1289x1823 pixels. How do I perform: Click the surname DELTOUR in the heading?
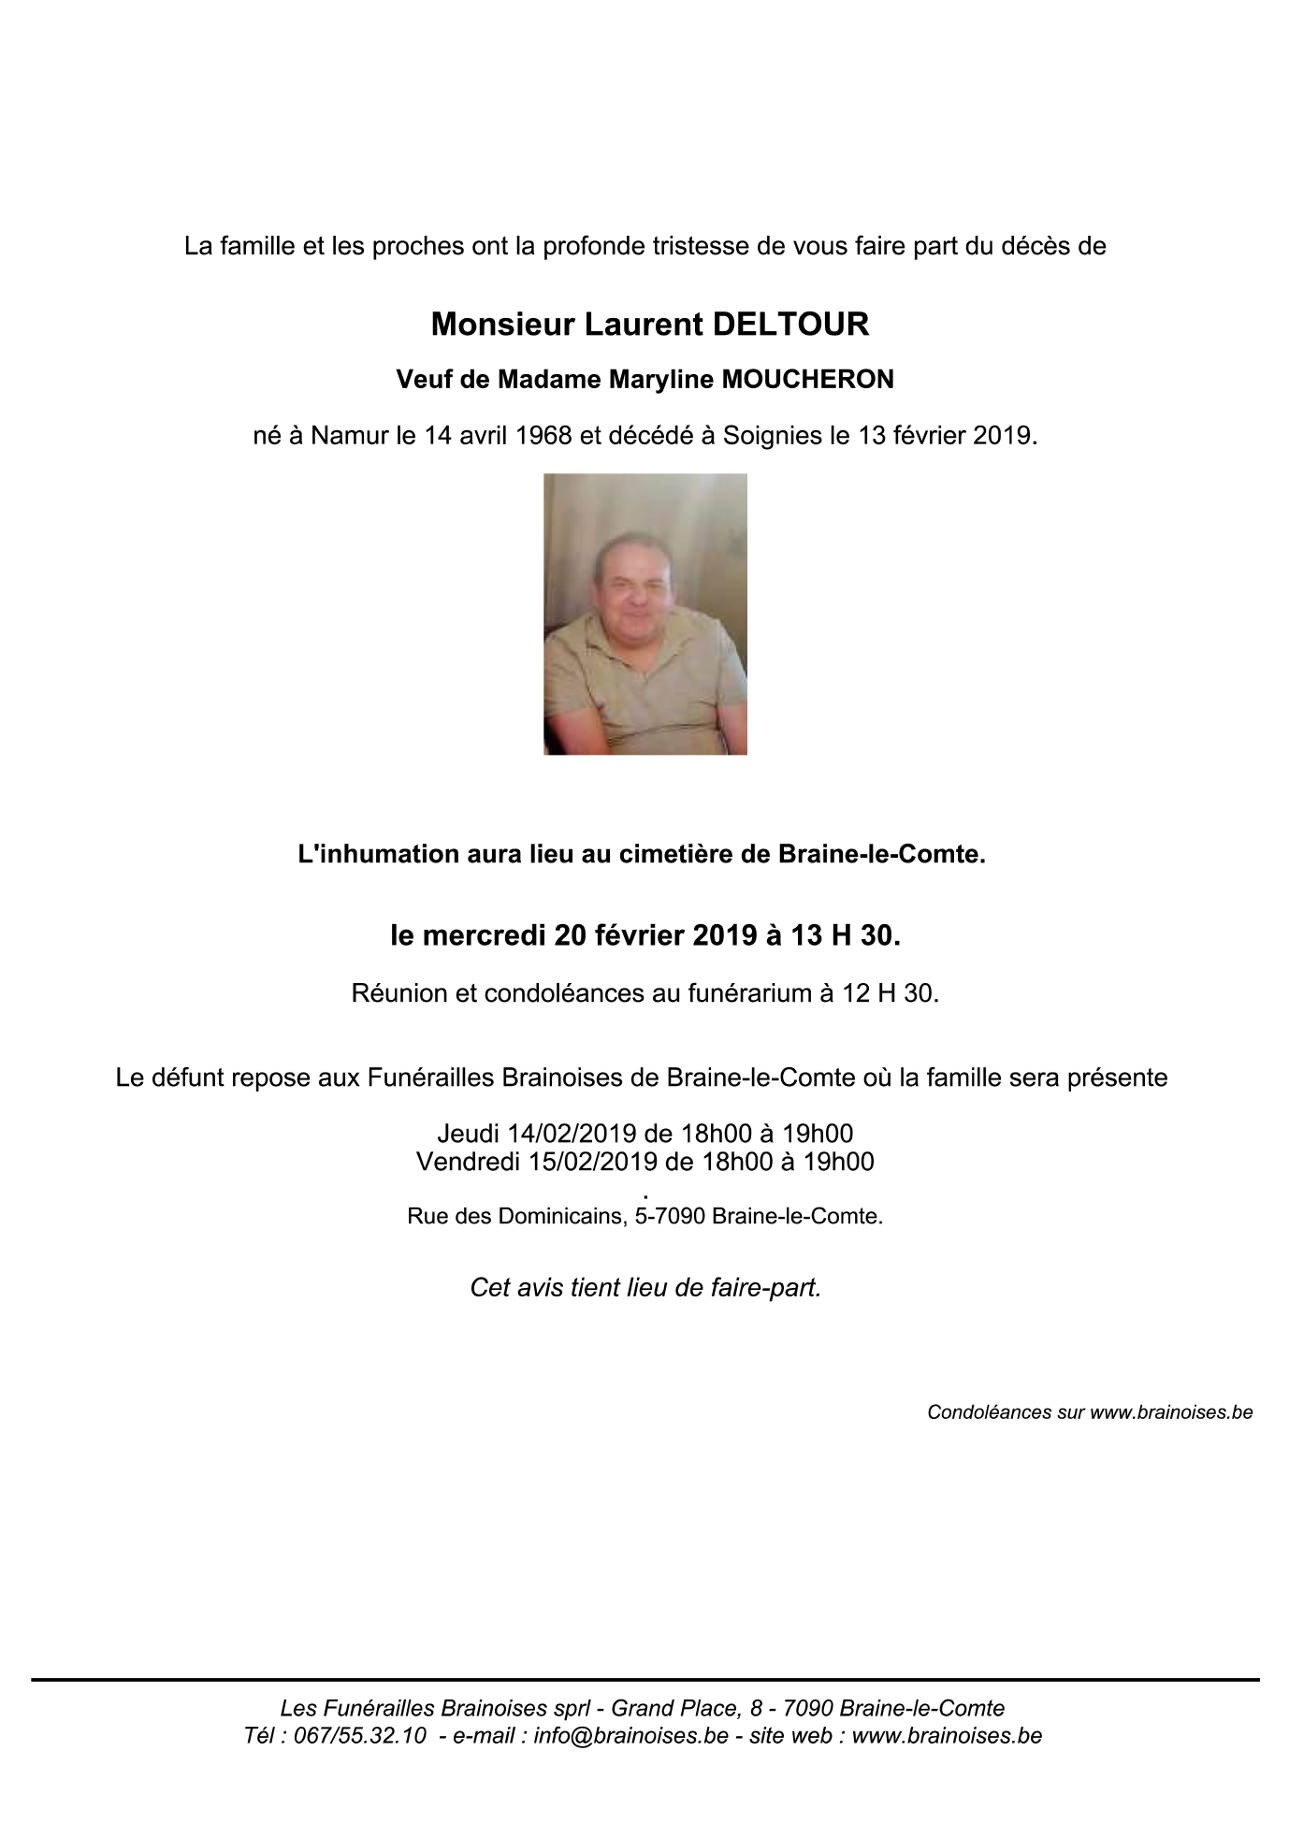point(790,325)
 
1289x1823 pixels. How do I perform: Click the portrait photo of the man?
point(644,614)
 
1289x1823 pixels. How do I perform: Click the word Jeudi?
point(469,1134)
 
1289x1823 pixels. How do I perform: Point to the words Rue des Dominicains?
point(515,1217)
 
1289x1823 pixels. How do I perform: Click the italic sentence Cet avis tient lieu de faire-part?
point(644,1288)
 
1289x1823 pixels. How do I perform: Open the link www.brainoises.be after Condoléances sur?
point(1171,1412)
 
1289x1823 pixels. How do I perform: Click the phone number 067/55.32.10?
point(360,1735)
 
